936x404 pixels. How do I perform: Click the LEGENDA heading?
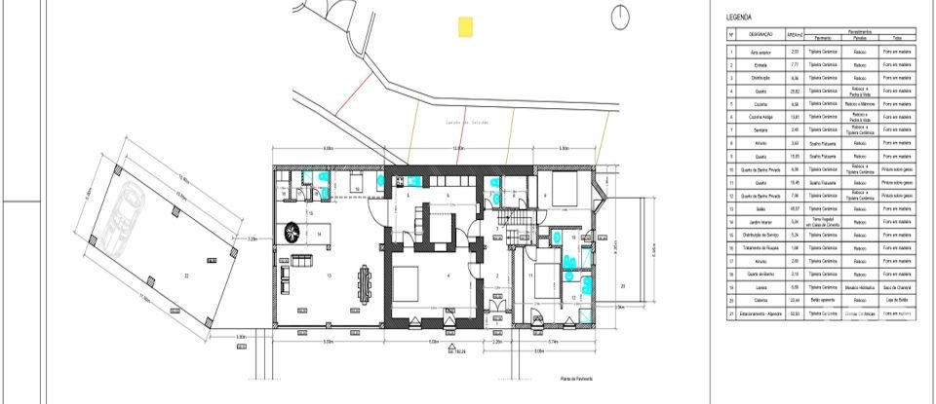tap(738, 18)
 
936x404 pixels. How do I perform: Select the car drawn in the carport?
tap(125, 212)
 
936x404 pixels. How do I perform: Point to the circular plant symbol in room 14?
tap(292, 232)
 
